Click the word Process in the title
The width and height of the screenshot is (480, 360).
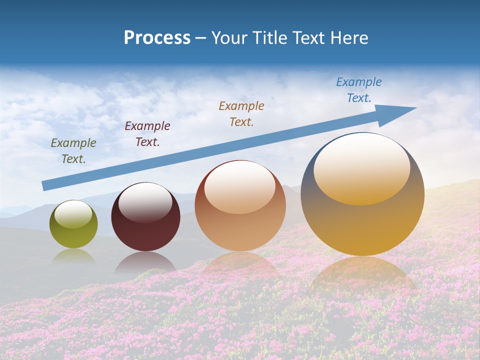click(x=157, y=38)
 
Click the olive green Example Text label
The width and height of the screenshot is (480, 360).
click(x=73, y=151)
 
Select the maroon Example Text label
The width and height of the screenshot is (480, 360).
click(x=147, y=134)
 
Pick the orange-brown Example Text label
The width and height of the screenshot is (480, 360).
click(x=241, y=113)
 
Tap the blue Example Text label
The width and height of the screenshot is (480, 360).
click(x=359, y=90)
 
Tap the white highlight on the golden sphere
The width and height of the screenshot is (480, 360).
click(x=361, y=167)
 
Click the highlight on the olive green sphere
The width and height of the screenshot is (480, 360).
click(x=73, y=214)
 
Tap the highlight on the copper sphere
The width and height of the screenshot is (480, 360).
click(x=239, y=187)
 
